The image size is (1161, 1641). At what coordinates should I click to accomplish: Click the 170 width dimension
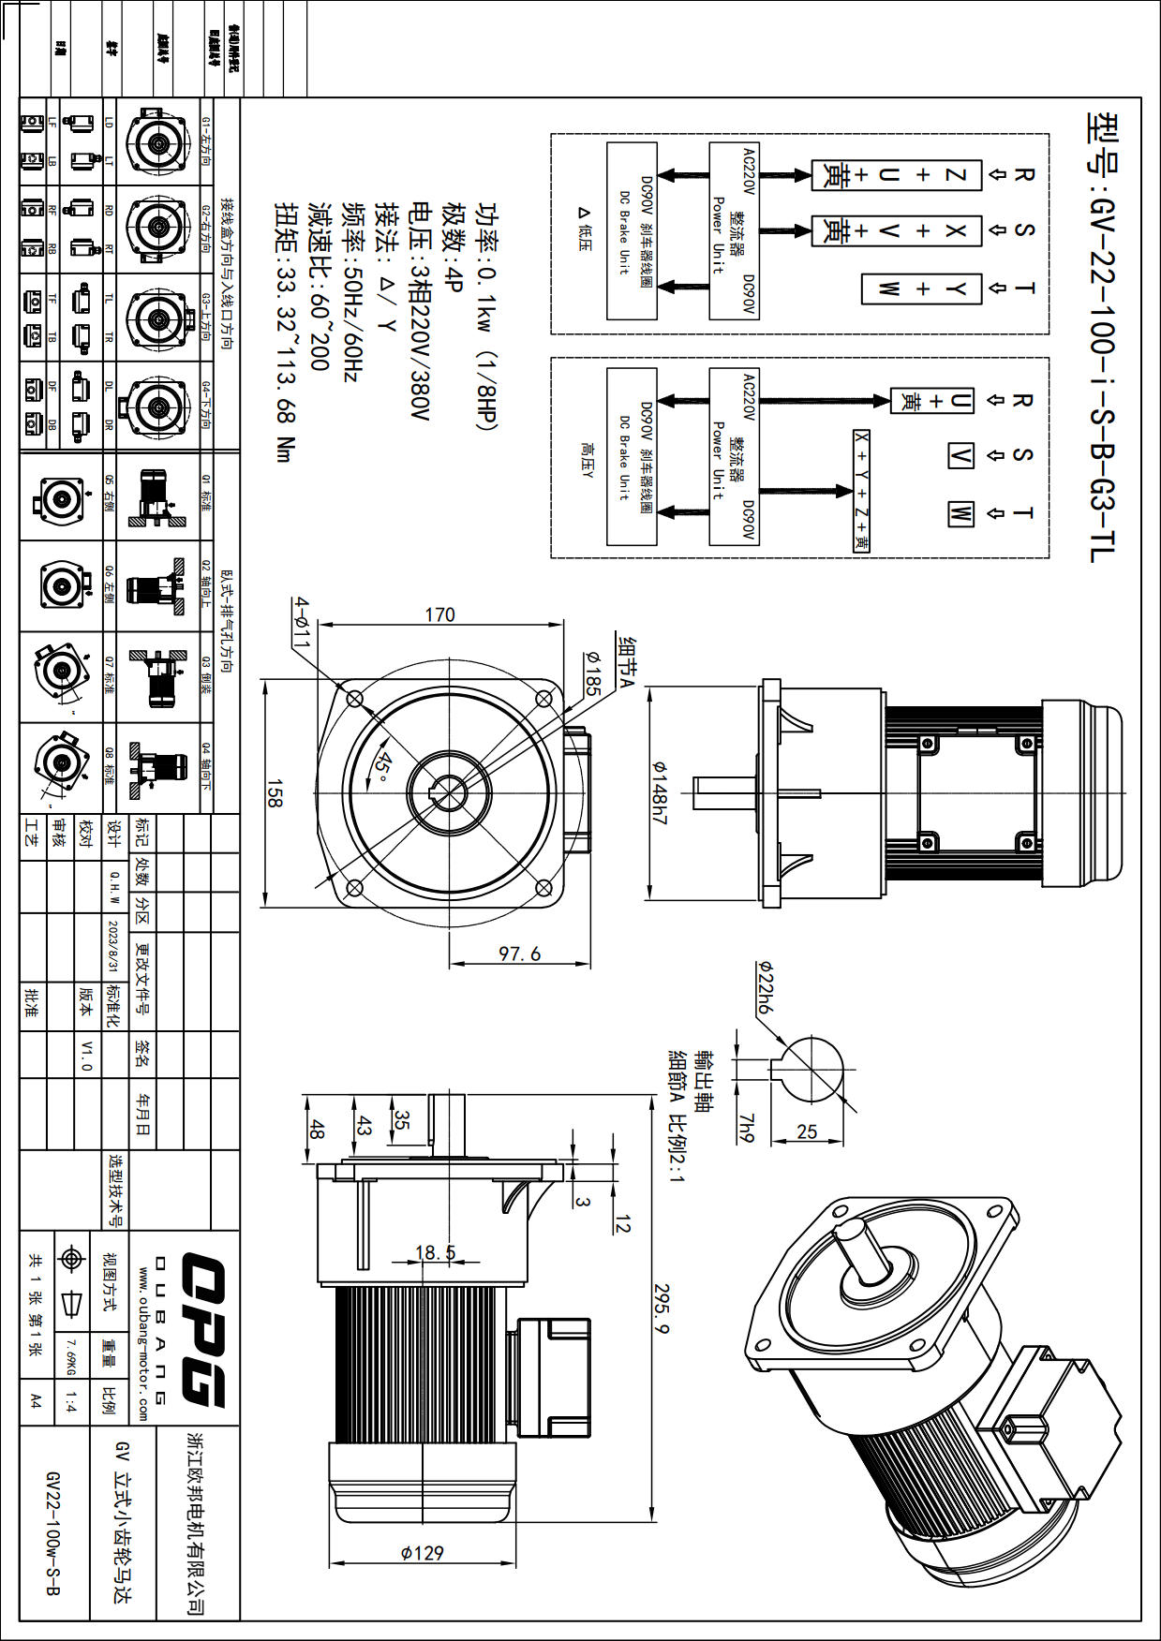point(439,615)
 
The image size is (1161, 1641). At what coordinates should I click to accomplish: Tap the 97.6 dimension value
point(520,954)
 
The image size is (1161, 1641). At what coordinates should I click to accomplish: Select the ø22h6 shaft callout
point(764,989)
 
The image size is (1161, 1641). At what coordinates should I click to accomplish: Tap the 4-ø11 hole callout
point(301,623)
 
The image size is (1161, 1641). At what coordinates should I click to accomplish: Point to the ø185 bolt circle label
point(592,673)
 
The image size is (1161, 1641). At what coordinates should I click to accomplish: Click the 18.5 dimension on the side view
point(436,1253)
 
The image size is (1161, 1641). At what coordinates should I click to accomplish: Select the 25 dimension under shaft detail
point(807,1131)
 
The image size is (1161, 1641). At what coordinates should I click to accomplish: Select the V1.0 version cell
point(87,1055)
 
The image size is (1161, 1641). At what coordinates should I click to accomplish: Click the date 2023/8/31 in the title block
point(113,946)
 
